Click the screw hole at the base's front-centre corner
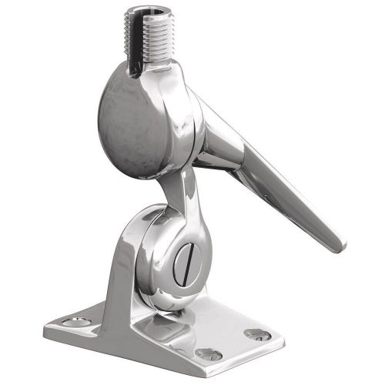(208, 353)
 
